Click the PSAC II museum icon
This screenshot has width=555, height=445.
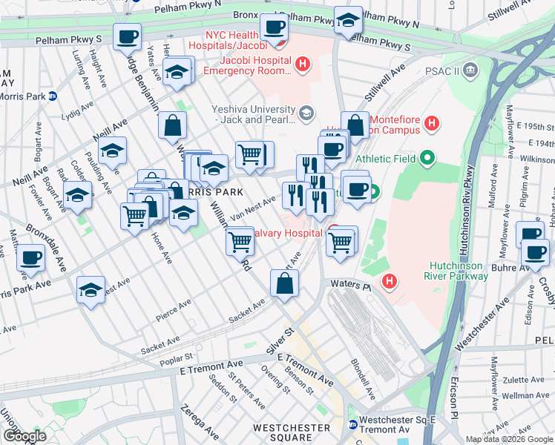(x=471, y=70)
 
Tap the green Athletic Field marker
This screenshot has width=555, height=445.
(x=426, y=158)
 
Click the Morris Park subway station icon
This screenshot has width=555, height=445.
(x=53, y=96)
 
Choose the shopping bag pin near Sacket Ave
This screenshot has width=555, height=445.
(x=285, y=283)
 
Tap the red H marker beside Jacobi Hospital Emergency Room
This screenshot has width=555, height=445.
(x=302, y=65)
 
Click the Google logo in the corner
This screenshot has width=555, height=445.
(x=24, y=436)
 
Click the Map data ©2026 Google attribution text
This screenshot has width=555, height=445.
(x=508, y=439)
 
